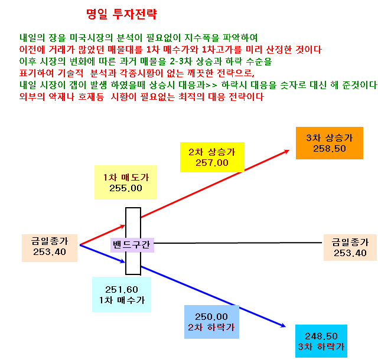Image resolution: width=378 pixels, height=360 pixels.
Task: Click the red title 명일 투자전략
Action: (x=122, y=14)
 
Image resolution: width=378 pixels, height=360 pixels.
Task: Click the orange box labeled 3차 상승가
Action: (x=330, y=143)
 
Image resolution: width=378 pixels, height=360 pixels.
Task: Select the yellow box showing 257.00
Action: (x=212, y=158)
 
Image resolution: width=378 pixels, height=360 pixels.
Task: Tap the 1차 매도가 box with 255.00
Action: (x=126, y=182)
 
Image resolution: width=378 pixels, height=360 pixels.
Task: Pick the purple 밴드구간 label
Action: (x=132, y=245)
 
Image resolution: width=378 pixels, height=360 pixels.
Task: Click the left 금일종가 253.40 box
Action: (x=50, y=248)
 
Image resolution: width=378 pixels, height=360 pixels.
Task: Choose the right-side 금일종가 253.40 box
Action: (x=350, y=247)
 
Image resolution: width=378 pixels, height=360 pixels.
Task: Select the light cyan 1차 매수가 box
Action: (x=122, y=294)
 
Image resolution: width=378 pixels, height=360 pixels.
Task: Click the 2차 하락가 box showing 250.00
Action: (x=211, y=322)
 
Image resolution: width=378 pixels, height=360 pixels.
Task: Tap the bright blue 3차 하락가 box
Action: (x=321, y=341)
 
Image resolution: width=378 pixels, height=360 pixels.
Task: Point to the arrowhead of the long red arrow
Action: (x=289, y=150)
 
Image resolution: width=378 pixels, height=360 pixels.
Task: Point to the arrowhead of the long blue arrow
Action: (x=285, y=327)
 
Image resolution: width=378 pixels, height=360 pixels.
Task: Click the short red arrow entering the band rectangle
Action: (x=102, y=235)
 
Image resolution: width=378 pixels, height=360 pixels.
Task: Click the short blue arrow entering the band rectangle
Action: (x=102, y=254)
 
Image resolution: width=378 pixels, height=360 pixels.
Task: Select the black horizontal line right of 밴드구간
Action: (x=237, y=243)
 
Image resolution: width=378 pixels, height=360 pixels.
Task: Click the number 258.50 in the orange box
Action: (x=330, y=149)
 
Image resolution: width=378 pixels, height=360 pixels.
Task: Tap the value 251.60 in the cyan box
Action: (x=122, y=289)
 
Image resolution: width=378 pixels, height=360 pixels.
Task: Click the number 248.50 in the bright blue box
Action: (x=321, y=336)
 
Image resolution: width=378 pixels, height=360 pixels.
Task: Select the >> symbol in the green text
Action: (x=211, y=85)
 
